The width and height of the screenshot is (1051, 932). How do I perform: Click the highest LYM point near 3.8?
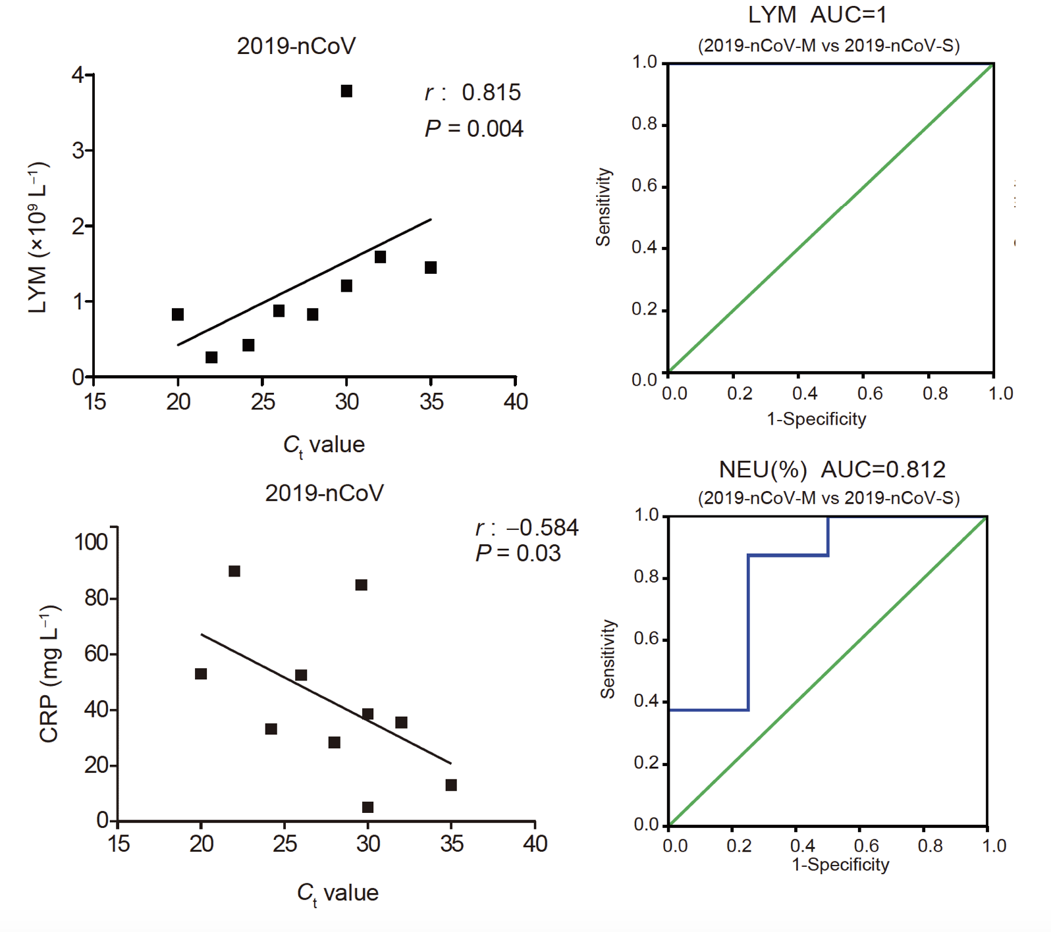[x=346, y=91]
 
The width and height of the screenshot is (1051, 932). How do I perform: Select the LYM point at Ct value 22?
[x=211, y=357]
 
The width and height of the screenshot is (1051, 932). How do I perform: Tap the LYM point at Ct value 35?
[x=431, y=267]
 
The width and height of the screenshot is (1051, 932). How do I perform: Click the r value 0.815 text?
[x=473, y=93]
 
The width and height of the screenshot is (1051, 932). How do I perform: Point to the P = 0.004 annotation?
[x=474, y=128]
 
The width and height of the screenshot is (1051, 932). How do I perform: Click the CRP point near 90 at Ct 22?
[x=234, y=571]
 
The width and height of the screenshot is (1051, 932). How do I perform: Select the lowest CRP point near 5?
[x=368, y=807]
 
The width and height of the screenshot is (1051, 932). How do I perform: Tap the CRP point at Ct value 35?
[x=451, y=785]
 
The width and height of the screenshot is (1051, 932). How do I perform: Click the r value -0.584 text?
[x=527, y=528]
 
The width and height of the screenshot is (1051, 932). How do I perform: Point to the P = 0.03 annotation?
[x=518, y=554]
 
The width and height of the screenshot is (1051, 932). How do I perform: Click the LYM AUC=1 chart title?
[x=817, y=14]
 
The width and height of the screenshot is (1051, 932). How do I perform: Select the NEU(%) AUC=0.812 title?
[x=832, y=469]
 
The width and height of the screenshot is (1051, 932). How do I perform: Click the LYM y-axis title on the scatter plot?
[x=38, y=237]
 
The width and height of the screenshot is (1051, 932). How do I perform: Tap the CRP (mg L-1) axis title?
[x=49, y=673]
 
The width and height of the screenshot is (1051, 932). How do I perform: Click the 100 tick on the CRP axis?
[x=91, y=542]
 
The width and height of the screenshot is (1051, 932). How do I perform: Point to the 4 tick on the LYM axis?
[x=78, y=75]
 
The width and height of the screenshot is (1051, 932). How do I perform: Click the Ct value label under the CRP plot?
[x=337, y=893]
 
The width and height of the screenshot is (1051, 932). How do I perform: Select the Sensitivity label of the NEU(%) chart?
[x=607, y=659]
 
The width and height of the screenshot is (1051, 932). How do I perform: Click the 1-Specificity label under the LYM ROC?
[x=817, y=419]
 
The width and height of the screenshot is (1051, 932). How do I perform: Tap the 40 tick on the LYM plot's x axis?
[x=516, y=401]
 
